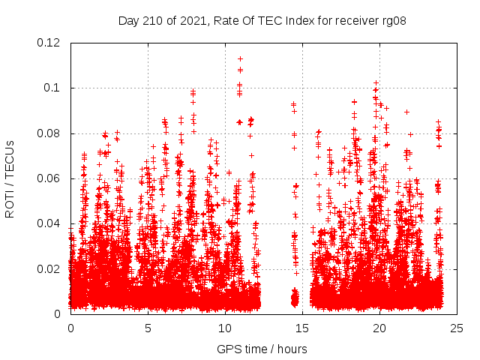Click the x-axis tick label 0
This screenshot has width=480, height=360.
tap(70, 328)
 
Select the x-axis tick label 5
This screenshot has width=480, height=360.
tap(148, 328)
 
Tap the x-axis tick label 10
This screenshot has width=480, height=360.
tap(225, 328)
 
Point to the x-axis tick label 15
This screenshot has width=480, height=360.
tap(302, 328)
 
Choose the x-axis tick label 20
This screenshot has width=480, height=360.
tap(379, 328)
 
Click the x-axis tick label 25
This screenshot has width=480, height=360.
tap(457, 328)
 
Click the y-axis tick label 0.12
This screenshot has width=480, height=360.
tap(49, 43)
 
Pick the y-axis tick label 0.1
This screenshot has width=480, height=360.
tap(54, 88)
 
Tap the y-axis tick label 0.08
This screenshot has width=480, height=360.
tap(49, 133)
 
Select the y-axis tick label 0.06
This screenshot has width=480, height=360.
tap(49, 178)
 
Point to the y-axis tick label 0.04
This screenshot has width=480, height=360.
tap(49, 223)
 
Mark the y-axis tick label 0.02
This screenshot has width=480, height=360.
tap(49, 268)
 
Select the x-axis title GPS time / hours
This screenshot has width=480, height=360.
tap(262, 349)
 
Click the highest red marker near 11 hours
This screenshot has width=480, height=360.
tap(240, 58)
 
